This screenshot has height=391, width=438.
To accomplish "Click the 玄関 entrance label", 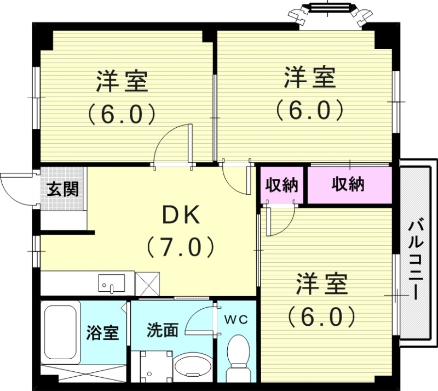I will (62, 189).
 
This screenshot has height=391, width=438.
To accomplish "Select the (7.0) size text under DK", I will (180, 247).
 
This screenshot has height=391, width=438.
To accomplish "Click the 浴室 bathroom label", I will (102, 332).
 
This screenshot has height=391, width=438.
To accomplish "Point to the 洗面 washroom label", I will (162, 330).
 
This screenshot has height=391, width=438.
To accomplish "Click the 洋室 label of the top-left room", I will (122, 82).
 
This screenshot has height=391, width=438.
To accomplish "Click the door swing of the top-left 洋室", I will (174, 144).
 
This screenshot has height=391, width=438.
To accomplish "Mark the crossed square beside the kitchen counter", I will (147, 284).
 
